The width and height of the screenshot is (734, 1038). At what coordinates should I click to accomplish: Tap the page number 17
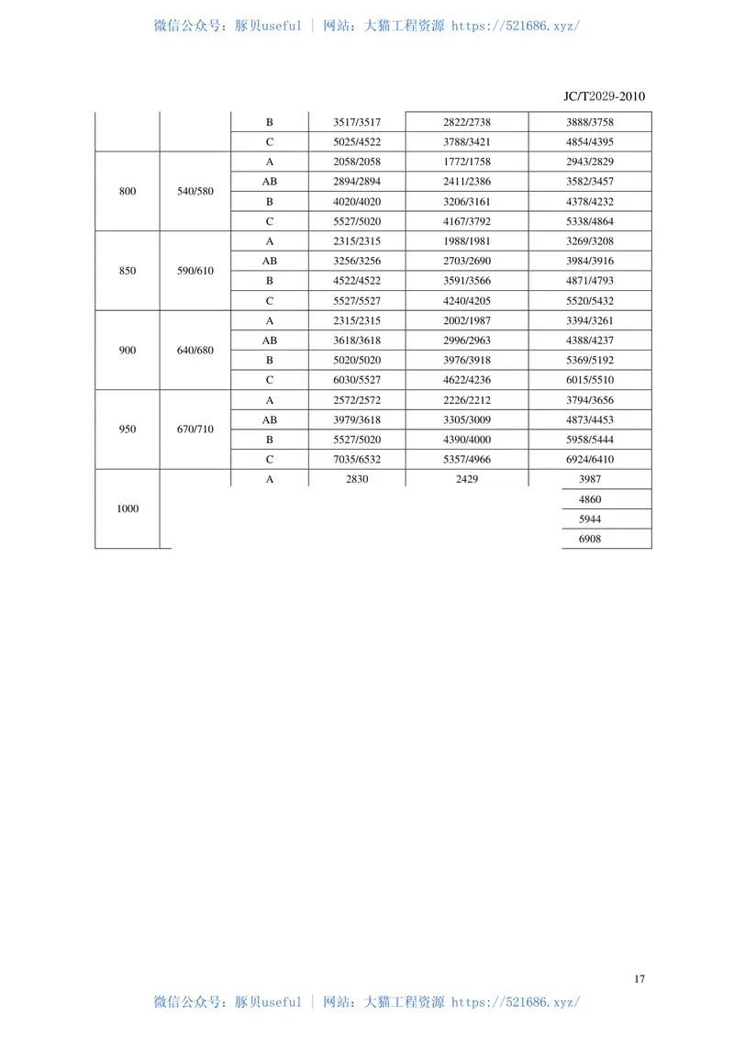click(639, 978)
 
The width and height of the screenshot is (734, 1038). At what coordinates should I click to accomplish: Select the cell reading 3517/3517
click(357, 122)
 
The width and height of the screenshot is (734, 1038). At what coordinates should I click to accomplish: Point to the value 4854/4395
click(590, 142)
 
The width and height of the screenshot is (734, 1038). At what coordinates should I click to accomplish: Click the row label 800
click(128, 191)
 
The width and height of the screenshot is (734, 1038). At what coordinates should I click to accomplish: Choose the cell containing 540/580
click(195, 191)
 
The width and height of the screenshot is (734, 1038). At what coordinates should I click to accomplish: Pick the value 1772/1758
click(466, 162)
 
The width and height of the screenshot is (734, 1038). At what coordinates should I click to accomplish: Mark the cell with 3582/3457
click(590, 182)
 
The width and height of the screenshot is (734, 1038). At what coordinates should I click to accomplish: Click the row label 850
click(128, 271)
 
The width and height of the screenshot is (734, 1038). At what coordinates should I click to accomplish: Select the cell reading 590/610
click(195, 271)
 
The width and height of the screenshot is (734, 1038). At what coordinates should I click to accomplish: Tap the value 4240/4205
click(466, 300)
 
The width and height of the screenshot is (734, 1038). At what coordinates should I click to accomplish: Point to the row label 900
click(128, 350)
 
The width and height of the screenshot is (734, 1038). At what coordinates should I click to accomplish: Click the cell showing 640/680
click(195, 350)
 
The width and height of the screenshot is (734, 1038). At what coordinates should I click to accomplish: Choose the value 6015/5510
click(590, 380)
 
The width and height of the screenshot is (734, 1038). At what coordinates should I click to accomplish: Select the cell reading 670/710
click(195, 430)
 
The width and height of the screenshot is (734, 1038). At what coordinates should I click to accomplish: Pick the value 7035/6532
click(357, 459)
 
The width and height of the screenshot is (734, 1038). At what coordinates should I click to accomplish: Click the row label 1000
click(128, 508)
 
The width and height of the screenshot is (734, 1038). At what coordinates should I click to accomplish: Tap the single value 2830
click(357, 479)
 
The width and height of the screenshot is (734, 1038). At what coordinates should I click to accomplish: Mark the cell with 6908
click(590, 539)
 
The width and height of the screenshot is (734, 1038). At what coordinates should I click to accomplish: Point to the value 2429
click(466, 479)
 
